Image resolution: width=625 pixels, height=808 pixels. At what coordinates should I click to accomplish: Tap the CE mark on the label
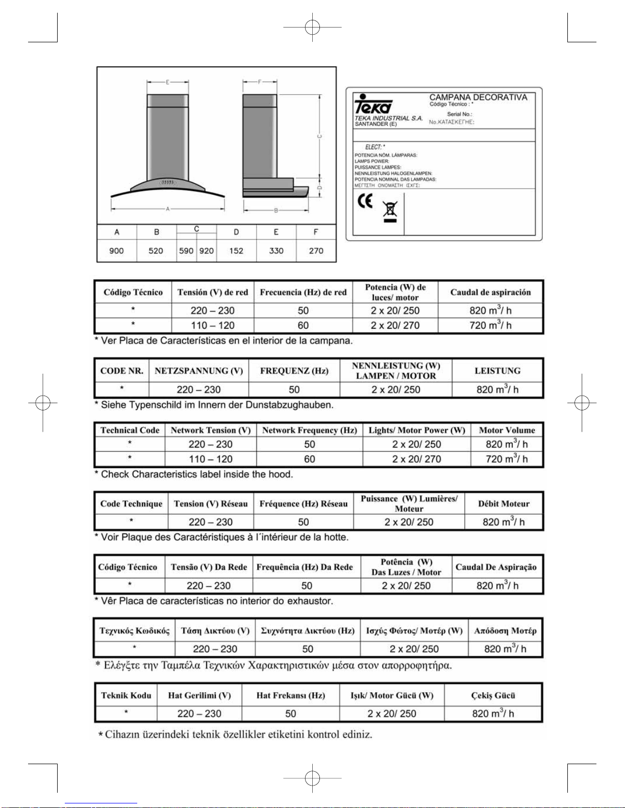pos(365,202)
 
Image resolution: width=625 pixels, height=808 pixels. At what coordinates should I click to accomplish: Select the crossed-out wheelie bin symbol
pos(390,211)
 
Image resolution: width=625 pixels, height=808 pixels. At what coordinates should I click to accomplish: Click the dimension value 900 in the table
pos(116,251)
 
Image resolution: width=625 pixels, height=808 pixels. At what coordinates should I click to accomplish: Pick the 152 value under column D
pos(236,251)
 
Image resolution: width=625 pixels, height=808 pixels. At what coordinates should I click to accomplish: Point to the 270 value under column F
pos(316,251)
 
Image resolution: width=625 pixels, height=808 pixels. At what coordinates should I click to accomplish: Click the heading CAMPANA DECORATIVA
pos(478,97)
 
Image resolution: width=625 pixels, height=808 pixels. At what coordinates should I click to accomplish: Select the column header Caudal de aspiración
pos(490,292)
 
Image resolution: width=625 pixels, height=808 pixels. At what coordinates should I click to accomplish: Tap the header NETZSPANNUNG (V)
pos(198,371)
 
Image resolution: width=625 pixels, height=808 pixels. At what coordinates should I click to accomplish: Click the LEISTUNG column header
pos(497,371)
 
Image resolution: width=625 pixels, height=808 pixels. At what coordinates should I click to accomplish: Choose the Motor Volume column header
pos(507,430)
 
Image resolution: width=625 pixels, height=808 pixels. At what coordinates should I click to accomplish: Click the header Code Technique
pos(131,504)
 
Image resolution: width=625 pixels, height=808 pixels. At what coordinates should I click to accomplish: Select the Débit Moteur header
pos(504,504)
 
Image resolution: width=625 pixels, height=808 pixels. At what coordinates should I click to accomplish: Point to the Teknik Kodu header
pos(126,695)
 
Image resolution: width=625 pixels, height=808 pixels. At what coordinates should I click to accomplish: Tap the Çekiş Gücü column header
pos(493,695)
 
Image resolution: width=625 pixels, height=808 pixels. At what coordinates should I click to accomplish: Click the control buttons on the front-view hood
pos(168,182)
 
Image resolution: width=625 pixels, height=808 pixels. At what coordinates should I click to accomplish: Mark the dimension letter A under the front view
pos(167,209)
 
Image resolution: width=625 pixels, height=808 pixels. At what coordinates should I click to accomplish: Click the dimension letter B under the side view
pos(276,210)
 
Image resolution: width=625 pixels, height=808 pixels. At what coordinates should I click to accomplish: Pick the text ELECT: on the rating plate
pos(375,147)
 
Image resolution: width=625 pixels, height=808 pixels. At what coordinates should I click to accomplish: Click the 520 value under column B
pos(156,251)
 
